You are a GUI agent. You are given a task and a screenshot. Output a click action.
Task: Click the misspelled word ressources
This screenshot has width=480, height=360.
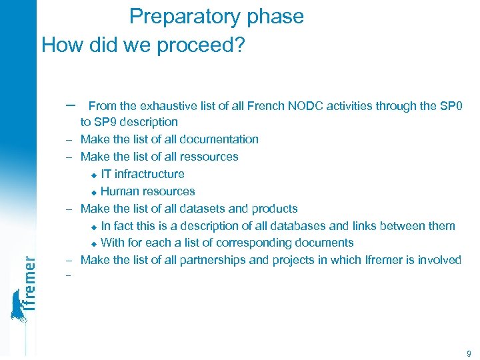click(209, 157)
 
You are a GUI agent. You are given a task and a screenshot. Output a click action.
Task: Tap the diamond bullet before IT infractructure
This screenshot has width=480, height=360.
click(94, 175)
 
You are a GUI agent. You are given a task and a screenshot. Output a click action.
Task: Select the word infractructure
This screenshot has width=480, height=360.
click(149, 174)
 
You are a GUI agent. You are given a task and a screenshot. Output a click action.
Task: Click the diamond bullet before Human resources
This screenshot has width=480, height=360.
click(94, 192)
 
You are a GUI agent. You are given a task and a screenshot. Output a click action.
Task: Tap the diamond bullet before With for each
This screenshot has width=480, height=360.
click(94, 244)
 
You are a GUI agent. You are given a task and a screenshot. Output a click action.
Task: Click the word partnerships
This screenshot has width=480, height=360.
click(213, 260)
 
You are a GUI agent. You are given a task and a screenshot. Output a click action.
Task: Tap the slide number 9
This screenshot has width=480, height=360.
click(469, 353)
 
